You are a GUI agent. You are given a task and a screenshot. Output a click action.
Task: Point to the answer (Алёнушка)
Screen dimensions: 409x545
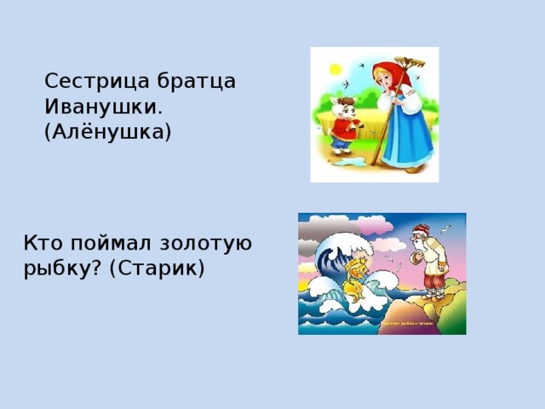(107, 133)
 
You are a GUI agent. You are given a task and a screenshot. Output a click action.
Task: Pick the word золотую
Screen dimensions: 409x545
(209, 243)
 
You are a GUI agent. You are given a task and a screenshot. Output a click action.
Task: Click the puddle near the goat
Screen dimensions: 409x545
(348, 158)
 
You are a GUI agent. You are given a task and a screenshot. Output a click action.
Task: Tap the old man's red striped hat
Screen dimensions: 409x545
(419, 229)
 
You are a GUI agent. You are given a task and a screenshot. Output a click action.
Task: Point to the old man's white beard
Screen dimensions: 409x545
(415, 249)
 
